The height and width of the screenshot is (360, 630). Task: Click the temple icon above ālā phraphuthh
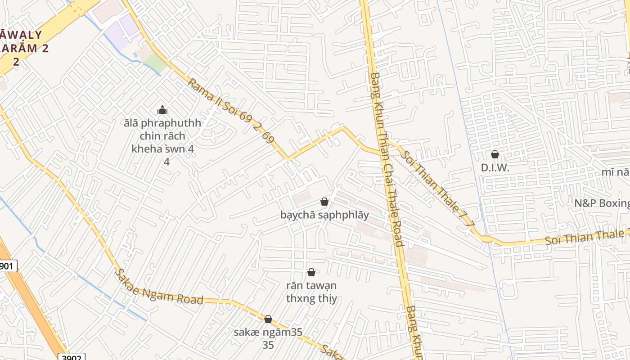pyautogui.click(x=162, y=110)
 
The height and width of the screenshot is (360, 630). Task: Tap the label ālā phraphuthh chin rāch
pyautogui.click(x=162, y=135)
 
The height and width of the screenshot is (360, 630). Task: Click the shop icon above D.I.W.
pyautogui.click(x=495, y=154)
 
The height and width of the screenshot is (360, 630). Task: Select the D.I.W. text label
pyautogui.click(x=495, y=168)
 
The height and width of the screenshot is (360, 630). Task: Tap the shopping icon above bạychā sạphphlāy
pyautogui.click(x=324, y=202)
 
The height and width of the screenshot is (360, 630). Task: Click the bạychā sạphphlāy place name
pyautogui.click(x=324, y=215)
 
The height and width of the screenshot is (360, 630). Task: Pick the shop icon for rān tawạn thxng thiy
pyautogui.click(x=311, y=272)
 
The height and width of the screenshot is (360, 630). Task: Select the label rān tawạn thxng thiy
pyautogui.click(x=311, y=292)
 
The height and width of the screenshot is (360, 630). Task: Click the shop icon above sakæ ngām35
pyautogui.click(x=268, y=319)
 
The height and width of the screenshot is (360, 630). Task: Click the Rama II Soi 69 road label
pyautogui.click(x=230, y=111)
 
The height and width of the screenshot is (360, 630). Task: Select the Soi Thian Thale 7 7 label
pyautogui.click(x=438, y=188)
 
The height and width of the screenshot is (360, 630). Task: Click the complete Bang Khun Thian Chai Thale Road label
pyautogui.click(x=386, y=160)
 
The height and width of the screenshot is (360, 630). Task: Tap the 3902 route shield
pyautogui.click(x=71, y=357)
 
